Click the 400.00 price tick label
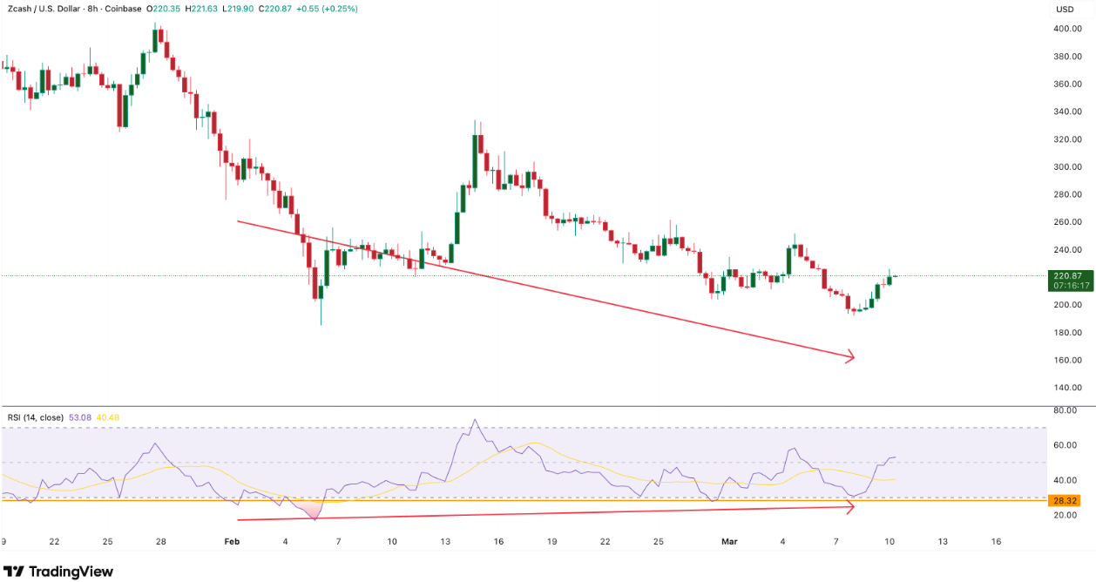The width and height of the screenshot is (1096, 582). coord(1067,29)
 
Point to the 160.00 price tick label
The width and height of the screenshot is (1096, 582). coord(1067,360)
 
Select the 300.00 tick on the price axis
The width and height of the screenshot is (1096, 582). coord(1067,167)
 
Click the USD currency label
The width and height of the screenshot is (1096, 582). coord(1065,10)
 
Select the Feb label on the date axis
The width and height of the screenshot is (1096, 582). coord(231,541)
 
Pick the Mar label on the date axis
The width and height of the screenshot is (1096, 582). coord(729,541)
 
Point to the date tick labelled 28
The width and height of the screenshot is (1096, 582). coord(161,541)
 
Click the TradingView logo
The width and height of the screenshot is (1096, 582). coord(58,572)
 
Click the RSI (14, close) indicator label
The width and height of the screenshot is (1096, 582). coord(36,417)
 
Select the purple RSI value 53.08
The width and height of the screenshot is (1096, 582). coord(80,417)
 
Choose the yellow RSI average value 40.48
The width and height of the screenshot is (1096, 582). coord(108,417)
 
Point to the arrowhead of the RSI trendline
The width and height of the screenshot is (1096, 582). coord(852,505)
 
